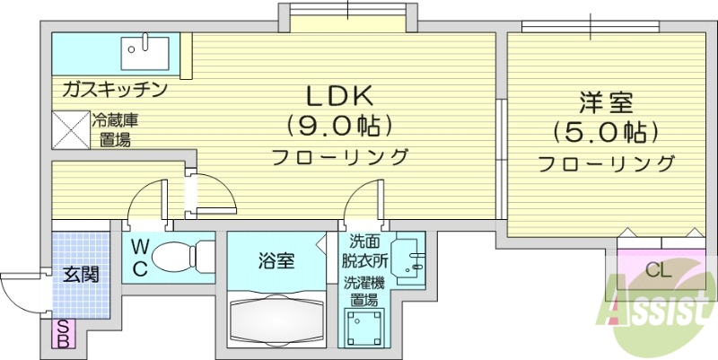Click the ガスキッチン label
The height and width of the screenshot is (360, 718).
(115, 89)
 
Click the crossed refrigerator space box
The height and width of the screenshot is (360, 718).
(70, 129)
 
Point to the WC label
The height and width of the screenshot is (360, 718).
(141, 257)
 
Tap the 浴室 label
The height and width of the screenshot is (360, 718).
(275, 261)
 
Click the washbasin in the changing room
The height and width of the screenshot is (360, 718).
(411, 258)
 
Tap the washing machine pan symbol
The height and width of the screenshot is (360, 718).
(365, 326)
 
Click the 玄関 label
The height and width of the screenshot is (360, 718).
(79, 274)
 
